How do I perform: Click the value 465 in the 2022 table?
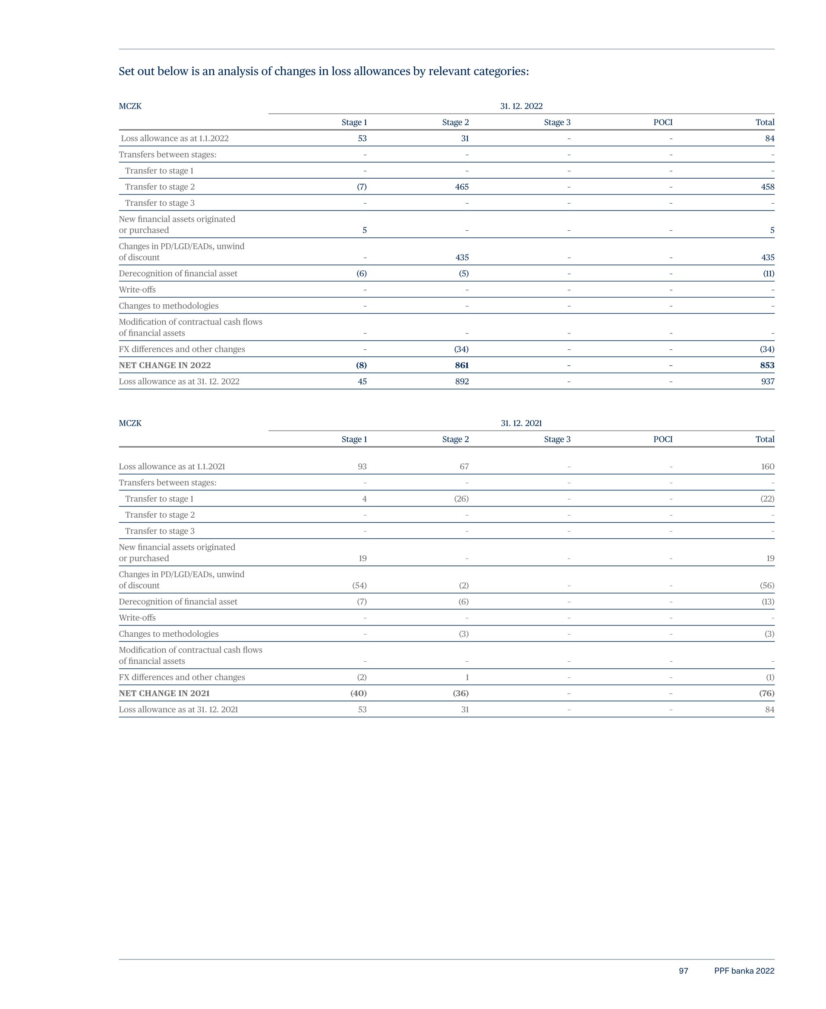pos(461,187)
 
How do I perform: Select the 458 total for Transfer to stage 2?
pos(767,187)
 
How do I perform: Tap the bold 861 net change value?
pos(461,365)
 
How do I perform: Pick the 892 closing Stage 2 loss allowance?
pos(461,381)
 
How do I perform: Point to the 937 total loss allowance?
pos(767,381)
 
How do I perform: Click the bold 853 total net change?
pos(767,365)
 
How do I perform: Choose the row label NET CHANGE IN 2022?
pos(164,365)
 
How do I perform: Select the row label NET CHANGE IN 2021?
pos(164,693)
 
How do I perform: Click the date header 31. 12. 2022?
pos(521,106)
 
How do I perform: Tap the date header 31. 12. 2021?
pos(521,423)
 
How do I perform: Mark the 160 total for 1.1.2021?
pos(767,466)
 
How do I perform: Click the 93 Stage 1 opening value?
pos(362,466)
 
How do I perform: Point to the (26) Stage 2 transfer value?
pos(461,499)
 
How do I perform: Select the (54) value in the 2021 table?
pos(359,585)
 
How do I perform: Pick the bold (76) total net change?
pos(766,693)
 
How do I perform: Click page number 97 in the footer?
pos(683,971)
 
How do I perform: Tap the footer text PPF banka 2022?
pos(744,971)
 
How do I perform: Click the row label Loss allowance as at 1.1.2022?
pos(175,138)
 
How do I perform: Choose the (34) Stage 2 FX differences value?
pos(461,349)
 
